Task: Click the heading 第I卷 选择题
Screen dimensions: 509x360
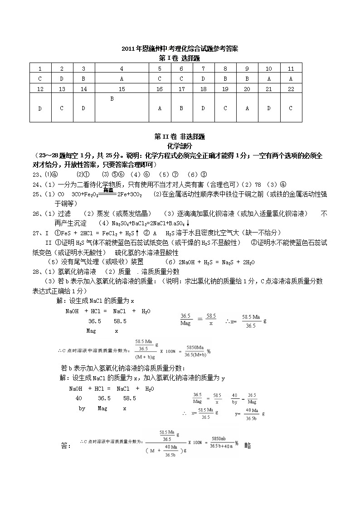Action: (x=180, y=58)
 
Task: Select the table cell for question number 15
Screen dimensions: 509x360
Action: (x=122, y=89)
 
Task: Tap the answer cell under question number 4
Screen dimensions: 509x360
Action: (x=122, y=78)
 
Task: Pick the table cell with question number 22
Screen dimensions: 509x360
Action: (x=291, y=89)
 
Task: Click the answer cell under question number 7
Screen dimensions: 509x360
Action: (x=203, y=78)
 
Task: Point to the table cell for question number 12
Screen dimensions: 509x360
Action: (x=40, y=89)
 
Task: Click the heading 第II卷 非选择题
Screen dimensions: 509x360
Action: (x=180, y=136)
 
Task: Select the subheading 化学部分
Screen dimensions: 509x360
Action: (x=180, y=146)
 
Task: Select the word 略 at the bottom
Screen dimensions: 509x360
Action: (x=247, y=446)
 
